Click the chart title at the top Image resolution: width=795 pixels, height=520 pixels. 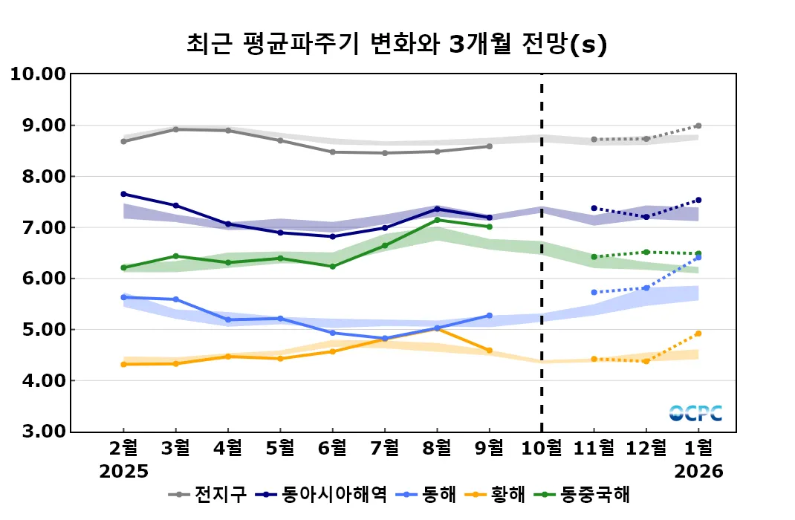click(397, 45)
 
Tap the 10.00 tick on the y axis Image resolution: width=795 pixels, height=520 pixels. click(37, 74)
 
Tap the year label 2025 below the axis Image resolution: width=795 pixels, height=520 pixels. click(124, 471)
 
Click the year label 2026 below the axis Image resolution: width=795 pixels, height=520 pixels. click(698, 471)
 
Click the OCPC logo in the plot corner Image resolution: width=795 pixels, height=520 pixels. click(695, 413)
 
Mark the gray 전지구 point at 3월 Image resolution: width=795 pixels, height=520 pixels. click(175, 129)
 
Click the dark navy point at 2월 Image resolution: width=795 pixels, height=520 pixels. click(123, 194)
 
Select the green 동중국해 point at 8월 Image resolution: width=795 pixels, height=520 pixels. click(437, 220)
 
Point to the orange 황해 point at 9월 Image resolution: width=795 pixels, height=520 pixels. click(489, 351)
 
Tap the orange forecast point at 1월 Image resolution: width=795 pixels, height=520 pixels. click(698, 334)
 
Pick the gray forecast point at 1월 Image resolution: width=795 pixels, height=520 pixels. click(698, 126)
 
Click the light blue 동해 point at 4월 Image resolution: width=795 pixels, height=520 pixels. click(227, 320)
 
